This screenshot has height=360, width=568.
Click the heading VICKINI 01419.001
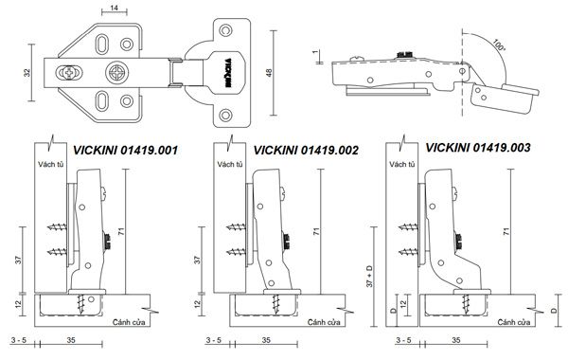pyautogui.click(x=125, y=150)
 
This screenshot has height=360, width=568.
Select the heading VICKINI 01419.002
pyautogui.click(x=306, y=150)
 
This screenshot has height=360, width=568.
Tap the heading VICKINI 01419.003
pyautogui.click(x=478, y=148)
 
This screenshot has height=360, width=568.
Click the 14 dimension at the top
pyautogui.click(x=115, y=8)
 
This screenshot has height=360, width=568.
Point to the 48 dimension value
pyautogui.click(x=269, y=73)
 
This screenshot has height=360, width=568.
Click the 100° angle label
pyautogui.click(x=499, y=45)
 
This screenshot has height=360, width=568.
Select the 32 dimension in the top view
pyautogui.click(x=27, y=73)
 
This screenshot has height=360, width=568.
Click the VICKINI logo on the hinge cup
pyautogui.click(x=227, y=73)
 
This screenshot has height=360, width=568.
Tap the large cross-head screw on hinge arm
pyautogui.click(x=117, y=73)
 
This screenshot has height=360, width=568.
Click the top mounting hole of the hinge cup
pyautogui.click(x=225, y=30)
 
